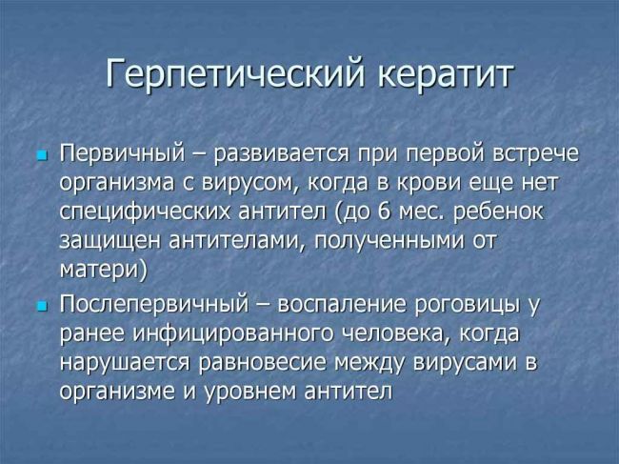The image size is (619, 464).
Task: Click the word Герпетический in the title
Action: tap(235, 75)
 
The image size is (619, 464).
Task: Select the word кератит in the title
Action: tap(446, 74)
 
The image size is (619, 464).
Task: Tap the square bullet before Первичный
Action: tap(41, 155)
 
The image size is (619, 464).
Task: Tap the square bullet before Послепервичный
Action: tap(41, 306)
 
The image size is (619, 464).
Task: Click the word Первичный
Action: tap(123, 152)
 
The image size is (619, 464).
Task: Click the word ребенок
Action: tap(498, 212)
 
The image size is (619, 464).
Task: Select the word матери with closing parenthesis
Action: tap(104, 271)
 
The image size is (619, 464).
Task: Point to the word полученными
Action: tap(389, 241)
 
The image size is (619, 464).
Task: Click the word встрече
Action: tap(536, 154)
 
